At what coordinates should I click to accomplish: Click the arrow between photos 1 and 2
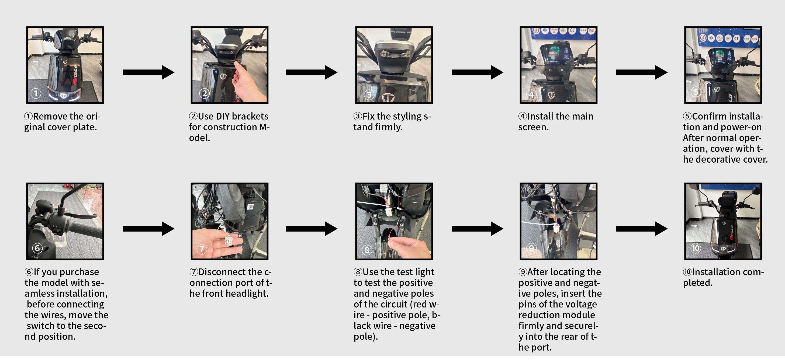click(148, 72)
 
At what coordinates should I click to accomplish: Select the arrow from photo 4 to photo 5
click(642, 72)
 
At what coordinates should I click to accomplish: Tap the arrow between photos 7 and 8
click(312, 229)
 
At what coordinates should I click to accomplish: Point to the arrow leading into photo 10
click(642, 229)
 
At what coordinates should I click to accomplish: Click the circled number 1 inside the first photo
click(36, 93)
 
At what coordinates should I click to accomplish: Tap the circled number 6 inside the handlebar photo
click(37, 248)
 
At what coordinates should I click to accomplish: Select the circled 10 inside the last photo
click(696, 248)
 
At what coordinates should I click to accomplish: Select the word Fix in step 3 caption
click(368, 116)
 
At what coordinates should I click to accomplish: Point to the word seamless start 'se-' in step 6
click(98, 283)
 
